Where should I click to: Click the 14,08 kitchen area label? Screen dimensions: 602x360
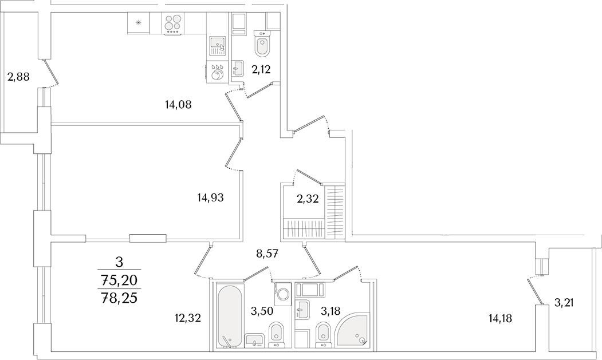178,104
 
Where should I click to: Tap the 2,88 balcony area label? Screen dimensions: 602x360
18,77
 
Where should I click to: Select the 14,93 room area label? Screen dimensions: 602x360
210,197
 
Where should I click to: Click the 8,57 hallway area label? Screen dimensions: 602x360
267,253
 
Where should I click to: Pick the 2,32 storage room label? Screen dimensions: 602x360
308,199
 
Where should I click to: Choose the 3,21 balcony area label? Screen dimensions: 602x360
566,303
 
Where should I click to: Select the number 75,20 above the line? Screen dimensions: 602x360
118,280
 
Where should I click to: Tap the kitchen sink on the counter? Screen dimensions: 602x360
218,46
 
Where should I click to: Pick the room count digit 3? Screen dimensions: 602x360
119,263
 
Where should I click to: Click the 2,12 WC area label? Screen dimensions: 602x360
261,69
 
